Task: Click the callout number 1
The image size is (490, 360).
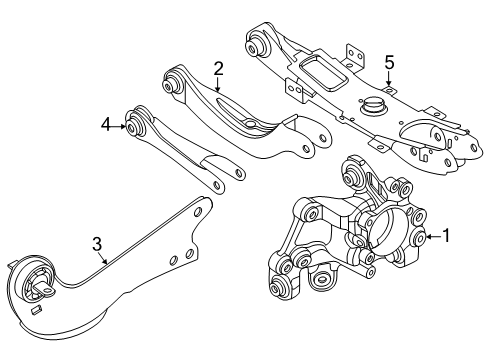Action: tap(446, 237)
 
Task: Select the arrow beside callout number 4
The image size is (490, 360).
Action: tap(119, 125)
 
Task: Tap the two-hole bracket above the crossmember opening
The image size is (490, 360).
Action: tap(349, 53)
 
